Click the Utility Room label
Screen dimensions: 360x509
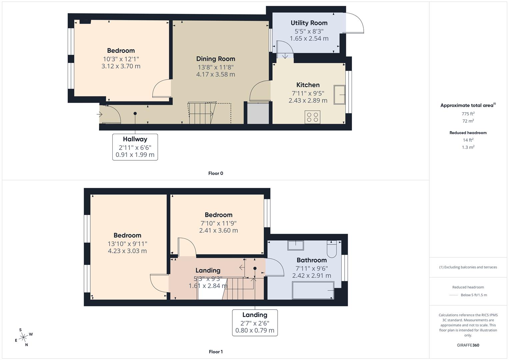[x=309, y=23]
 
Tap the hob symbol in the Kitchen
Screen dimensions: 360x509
[x=312, y=117]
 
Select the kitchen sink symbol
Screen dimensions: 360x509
[x=339, y=95]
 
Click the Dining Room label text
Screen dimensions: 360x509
[x=215, y=59]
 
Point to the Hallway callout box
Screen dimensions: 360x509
[x=135, y=147]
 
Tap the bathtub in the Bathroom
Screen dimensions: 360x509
[x=313, y=290]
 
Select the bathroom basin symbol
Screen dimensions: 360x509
[x=295, y=245]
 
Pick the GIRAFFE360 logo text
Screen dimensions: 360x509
[x=468, y=345]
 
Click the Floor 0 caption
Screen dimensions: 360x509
[x=215, y=173]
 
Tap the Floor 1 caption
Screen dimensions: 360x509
[x=215, y=352]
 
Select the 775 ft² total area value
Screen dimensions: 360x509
[x=468, y=114]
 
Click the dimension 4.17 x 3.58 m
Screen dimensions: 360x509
[x=215, y=74]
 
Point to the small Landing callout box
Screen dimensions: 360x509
[x=255, y=322]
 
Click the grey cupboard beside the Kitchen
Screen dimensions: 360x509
[x=258, y=113]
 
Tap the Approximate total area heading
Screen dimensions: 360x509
[x=468, y=105]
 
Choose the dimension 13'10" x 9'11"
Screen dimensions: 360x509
[x=127, y=244]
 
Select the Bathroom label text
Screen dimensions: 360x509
[x=311, y=260]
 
